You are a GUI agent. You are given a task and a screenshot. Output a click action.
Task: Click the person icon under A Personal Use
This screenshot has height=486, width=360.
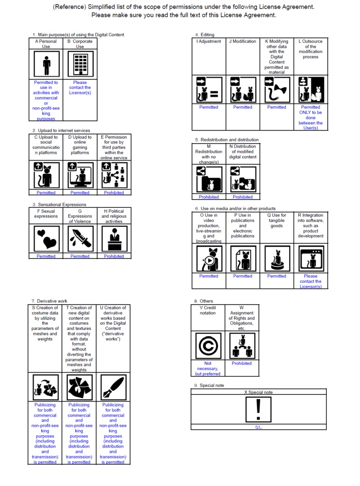pos(46,65)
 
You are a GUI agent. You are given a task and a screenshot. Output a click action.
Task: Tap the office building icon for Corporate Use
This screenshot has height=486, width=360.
pos(80,65)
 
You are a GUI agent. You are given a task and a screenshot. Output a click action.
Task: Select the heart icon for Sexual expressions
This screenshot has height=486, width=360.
pos(46,239)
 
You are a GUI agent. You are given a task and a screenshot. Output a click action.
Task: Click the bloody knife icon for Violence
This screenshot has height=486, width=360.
pos(80,239)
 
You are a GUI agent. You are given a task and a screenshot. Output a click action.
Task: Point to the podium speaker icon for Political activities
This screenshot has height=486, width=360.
pos(114,239)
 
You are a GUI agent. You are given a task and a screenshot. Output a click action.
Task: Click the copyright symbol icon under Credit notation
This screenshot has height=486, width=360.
pos(208,346)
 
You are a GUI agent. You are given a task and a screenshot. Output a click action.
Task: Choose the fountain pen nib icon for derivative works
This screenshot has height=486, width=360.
pos(113,387)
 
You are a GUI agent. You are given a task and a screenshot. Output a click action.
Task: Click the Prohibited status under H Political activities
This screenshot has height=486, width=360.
pos(114,256)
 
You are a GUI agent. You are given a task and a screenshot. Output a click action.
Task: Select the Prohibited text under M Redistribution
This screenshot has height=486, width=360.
pos(208,197)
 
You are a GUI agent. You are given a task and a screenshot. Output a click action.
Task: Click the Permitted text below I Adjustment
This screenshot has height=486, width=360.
pos(208,107)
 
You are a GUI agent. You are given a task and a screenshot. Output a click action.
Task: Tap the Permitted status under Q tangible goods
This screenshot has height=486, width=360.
pos(276,276)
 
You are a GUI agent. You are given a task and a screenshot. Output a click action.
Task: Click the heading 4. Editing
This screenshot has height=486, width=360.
pos(205,35)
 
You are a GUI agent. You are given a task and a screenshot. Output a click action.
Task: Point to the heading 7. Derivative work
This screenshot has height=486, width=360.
pos(49,301)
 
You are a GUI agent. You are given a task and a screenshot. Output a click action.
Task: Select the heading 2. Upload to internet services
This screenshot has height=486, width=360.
pos(61,131)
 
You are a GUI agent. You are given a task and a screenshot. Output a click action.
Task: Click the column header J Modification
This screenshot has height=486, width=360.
pos(243,41)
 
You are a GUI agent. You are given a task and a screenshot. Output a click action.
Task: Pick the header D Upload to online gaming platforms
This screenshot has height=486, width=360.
pos(80,145)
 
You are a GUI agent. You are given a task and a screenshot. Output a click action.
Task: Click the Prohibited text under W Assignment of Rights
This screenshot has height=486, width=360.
pos(242,364)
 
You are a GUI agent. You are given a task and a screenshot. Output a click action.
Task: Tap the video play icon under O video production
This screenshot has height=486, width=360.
pos(208,259)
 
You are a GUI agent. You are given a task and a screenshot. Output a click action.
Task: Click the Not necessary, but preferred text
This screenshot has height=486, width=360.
pos(208,369)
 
